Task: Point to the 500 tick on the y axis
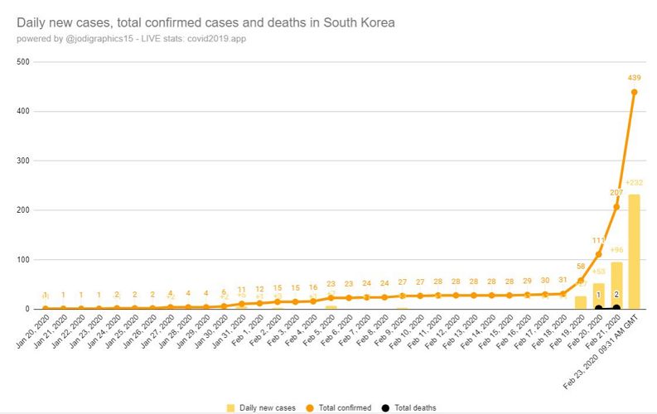click(x=23, y=61)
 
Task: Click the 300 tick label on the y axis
click(x=23, y=161)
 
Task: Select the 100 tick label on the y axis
click(x=23, y=259)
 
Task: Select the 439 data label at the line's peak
click(x=634, y=79)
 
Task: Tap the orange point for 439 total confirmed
click(x=634, y=92)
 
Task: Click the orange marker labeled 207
click(x=616, y=206)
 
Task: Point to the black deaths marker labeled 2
click(x=616, y=307)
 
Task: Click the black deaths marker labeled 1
click(x=598, y=308)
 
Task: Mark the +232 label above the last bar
click(x=634, y=183)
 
